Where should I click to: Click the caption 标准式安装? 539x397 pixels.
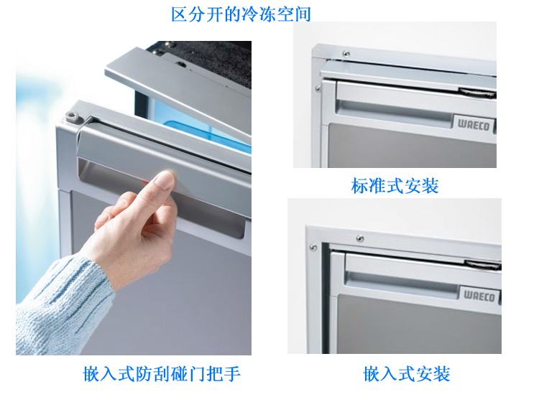click(395, 186)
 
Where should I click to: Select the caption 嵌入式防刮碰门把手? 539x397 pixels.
click(162, 373)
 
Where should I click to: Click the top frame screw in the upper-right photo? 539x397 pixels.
click(346, 54)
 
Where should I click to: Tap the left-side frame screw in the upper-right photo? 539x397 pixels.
click(318, 89)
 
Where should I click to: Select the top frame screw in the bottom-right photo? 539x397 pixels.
click(360, 238)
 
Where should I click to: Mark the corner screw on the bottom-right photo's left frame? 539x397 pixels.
click(314, 248)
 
